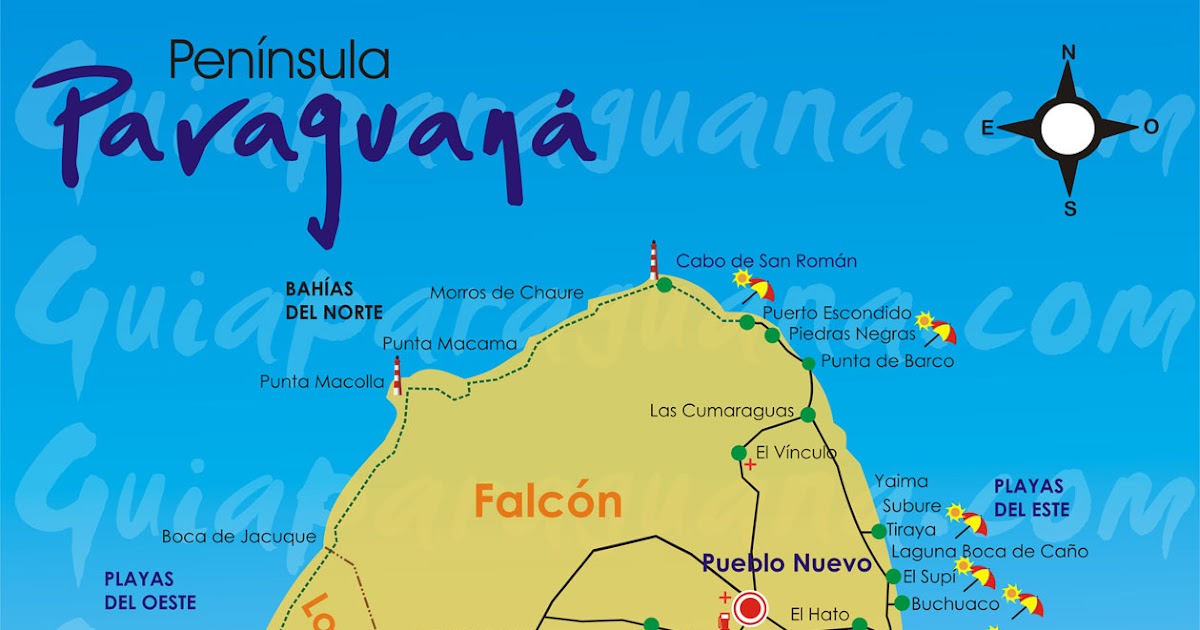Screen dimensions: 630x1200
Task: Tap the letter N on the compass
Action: pos(1068,53)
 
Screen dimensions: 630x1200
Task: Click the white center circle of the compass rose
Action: pos(1068,129)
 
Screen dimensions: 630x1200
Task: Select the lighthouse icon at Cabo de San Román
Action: pos(654,260)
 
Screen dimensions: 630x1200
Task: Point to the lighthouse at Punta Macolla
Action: pos(397,375)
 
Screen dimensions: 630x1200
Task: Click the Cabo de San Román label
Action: pos(766,261)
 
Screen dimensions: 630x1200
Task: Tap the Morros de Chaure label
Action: pos(506,293)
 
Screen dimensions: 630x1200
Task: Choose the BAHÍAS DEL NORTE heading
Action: pos(334,300)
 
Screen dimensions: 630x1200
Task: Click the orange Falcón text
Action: pos(547,501)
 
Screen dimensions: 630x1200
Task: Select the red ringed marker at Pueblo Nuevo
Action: pos(749,607)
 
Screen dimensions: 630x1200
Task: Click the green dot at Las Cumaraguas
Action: pos(807,414)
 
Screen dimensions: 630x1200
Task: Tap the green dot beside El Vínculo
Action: pos(739,452)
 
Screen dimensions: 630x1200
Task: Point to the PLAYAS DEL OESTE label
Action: pos(150,591)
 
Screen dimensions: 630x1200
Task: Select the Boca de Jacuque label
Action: pos(239,537)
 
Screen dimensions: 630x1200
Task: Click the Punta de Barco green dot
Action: pos(808,362)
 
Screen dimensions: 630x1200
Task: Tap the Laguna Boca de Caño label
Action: pos(990,551)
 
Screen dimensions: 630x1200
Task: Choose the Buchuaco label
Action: pos(955,604)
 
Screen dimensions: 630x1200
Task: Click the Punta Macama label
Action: pos(449,344)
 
